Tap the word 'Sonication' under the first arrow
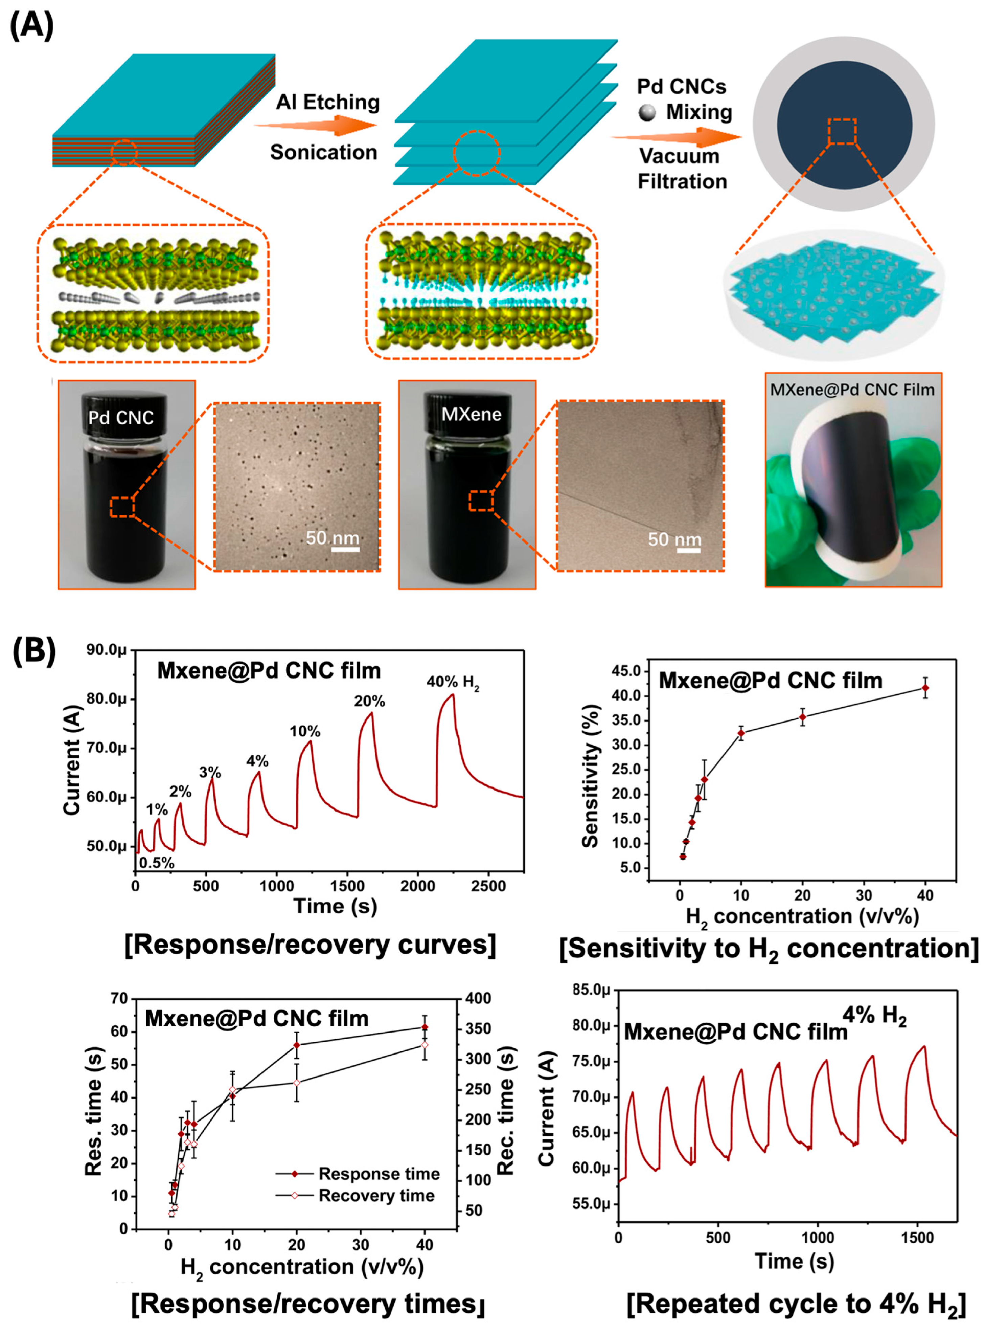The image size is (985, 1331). point(324,152)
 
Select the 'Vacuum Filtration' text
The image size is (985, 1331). point(682,169)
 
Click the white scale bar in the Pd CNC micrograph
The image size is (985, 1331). point(345,548)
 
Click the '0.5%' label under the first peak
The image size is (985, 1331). point(157,863)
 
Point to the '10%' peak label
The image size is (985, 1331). point(305,731)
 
